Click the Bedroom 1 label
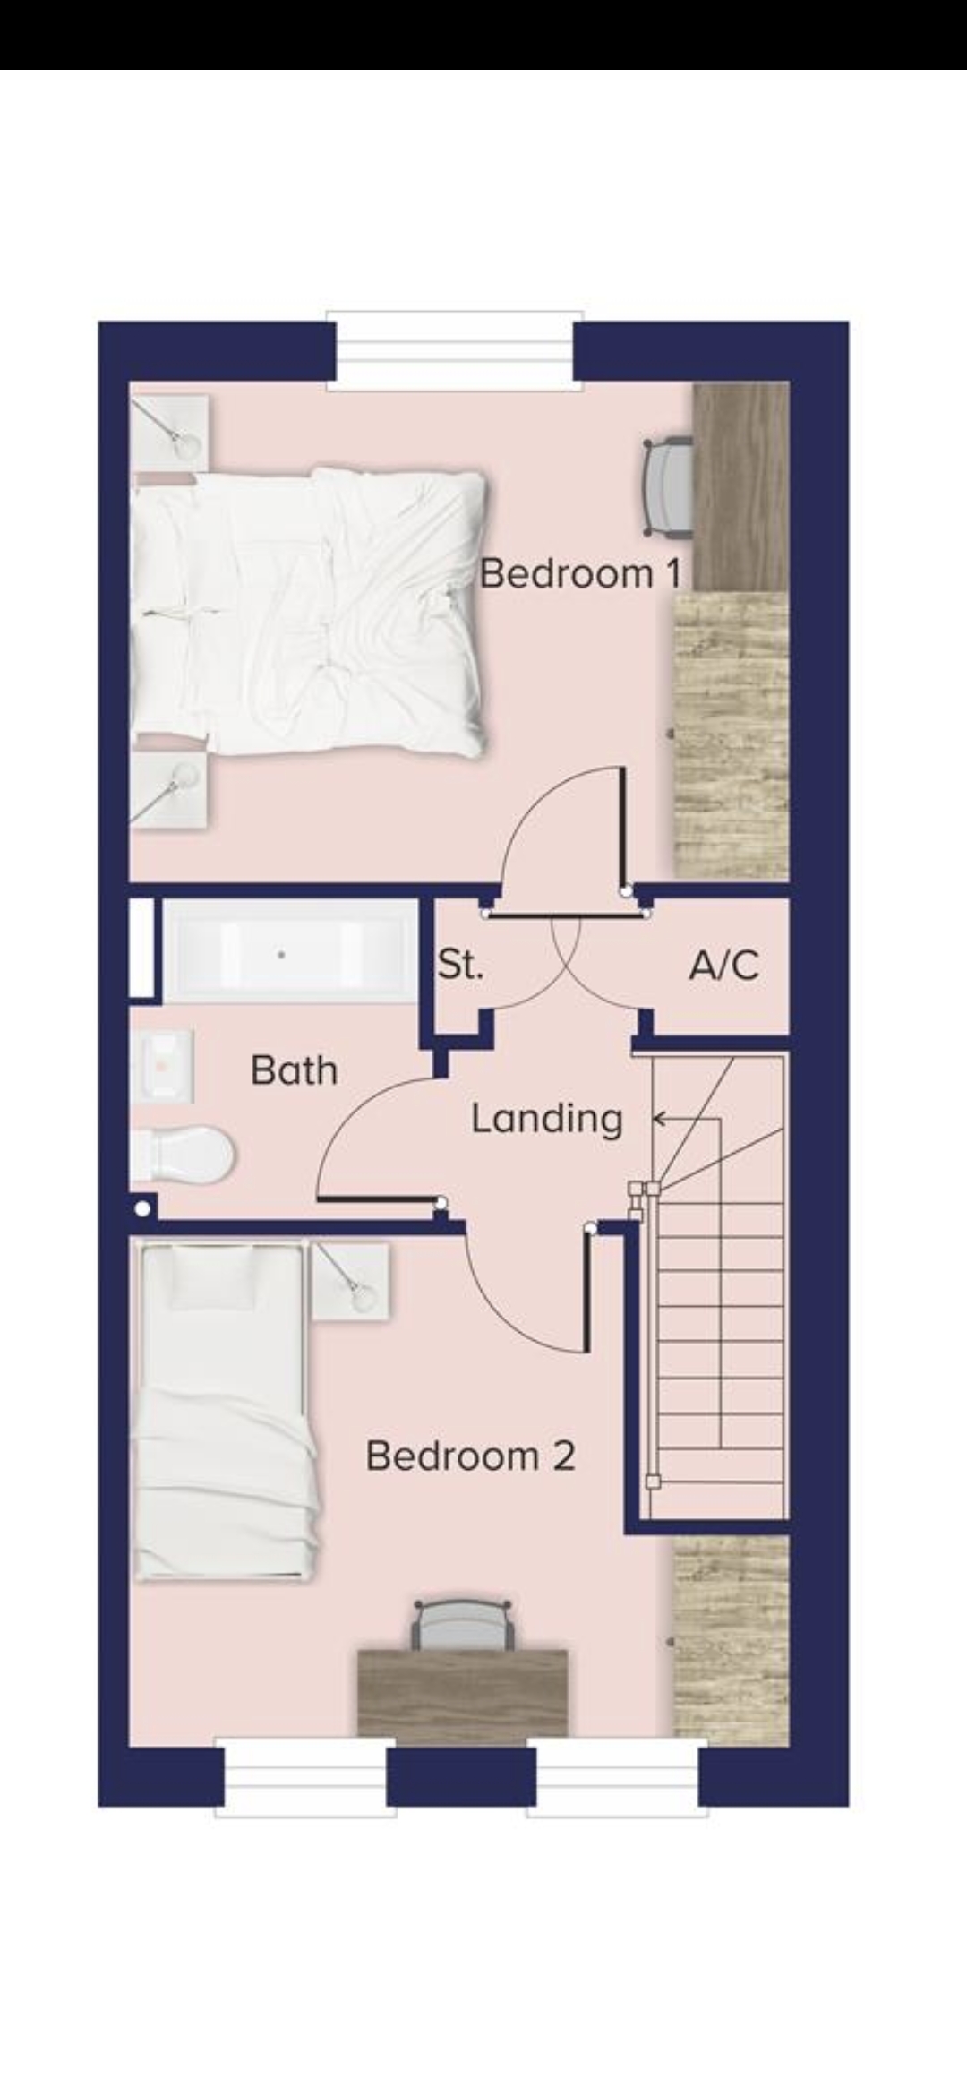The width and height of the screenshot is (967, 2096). [x=581, y=573]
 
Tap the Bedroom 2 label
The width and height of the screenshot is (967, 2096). [x=470, y=1456]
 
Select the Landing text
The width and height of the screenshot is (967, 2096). [x=547, y=1119]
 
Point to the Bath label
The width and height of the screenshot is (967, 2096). [x=294, y=1070]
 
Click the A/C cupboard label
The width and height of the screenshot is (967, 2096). [x=724, y=965]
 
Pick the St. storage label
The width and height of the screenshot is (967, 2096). [x=460, y=964]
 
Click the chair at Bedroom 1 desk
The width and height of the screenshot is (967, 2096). [x=669, y=487]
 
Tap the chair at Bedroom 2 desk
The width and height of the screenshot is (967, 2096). [x=464, y=1625]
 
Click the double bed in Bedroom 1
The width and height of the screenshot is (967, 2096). [x=309, y=611]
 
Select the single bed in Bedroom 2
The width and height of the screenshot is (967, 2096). [x=225, y=1410]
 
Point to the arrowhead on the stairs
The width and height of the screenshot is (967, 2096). [x=660, y=1118]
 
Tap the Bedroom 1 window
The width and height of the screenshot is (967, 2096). [x=455, y=351]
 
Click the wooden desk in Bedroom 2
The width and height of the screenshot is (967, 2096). [x=462, y=1693]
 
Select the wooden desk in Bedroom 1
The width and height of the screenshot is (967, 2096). [x=741, y=487]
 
